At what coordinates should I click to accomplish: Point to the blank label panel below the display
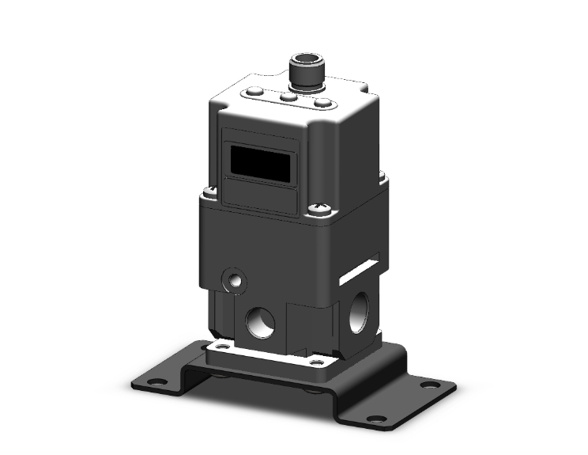click(258, 195)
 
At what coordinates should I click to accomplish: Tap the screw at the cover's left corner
click(209, 190)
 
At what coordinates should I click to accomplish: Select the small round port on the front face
click(234, 279)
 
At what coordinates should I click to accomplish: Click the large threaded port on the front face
click(260, 320)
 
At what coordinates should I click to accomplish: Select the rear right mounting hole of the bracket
click(431, 385)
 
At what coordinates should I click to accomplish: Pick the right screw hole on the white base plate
click(318, 362)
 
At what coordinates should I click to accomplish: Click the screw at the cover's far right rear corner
click(384, 176)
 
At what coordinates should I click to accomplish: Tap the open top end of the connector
click(305, 60)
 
